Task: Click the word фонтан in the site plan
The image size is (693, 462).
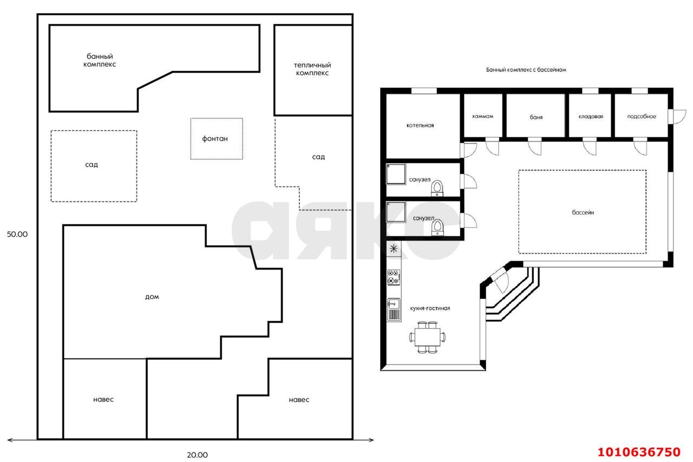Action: [215, 139]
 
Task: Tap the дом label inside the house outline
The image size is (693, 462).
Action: [152, 297]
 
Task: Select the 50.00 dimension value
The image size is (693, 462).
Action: [17, 234]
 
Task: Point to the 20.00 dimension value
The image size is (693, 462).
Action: [198, 455]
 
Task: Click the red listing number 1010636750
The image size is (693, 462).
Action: [639, 452]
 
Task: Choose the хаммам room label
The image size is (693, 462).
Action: [482, 116]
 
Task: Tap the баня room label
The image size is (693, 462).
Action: [536, 118]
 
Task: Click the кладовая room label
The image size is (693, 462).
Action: [591, 116]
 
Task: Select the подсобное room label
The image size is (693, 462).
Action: [642, 116]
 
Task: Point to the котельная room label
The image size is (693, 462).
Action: [420, 125]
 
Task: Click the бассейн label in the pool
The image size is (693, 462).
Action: [583, 213]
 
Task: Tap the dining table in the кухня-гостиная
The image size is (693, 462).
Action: [428, 337]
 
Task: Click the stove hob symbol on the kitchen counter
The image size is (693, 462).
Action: [394, 277]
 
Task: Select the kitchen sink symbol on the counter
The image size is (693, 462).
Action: [394, 309]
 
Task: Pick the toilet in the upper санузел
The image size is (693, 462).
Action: [437, 188]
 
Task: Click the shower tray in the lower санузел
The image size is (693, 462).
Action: [396, 212]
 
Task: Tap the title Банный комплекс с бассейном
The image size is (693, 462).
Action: [526, 70]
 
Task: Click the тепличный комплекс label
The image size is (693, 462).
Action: [312, 69]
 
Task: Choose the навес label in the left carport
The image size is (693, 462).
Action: [103, 400]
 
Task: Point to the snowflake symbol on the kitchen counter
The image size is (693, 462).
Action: [394, 249]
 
